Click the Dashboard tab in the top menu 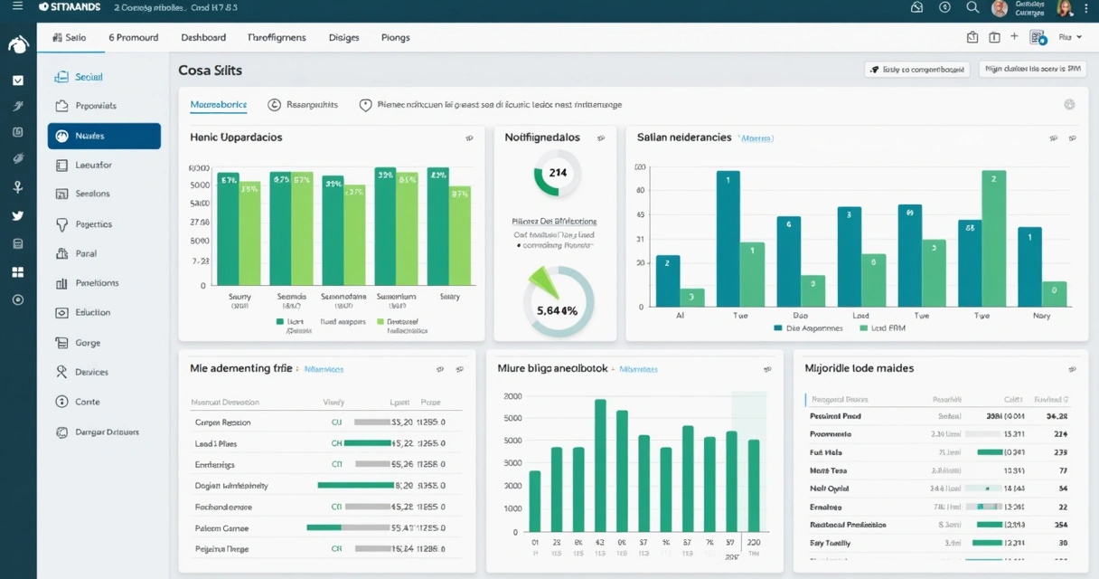click(203, 37)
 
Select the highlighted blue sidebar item click(104, 136)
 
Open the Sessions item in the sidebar click(92, 194)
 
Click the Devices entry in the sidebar click(91, 372)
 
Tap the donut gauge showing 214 click(558, 173)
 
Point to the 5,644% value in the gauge click(558, 309)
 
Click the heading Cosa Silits click(210, 70)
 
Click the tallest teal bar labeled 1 click(728, 237)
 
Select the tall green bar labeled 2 click(993, 237)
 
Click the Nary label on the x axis click(1041, 316)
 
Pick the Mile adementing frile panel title click(241, 368)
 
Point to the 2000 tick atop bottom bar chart click(512, 397)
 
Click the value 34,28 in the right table click(1057, 416)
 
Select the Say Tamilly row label click(831, 543)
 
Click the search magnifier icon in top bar click(972, 7)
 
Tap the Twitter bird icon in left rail click(18, 216)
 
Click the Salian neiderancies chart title click(684, 138)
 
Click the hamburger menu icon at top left click(18, 6)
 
